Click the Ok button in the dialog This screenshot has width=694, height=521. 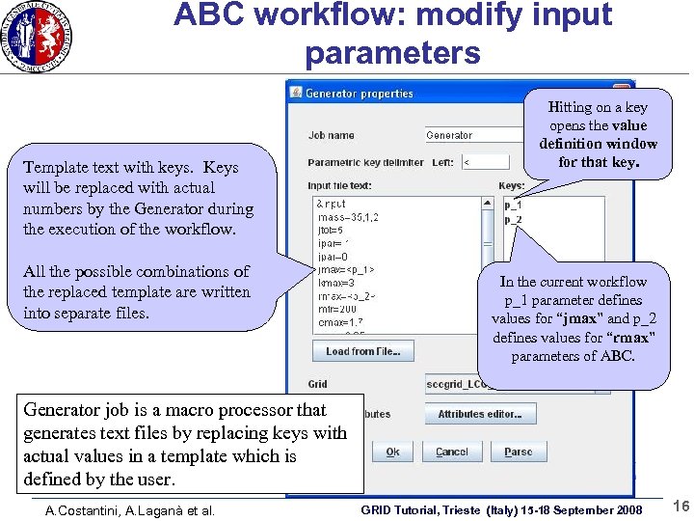point(392,452)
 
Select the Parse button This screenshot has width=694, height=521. point(518,452)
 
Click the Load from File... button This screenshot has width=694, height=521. point(362,351)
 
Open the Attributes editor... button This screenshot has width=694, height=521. point(479,414)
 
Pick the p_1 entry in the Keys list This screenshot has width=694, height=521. point(513,205)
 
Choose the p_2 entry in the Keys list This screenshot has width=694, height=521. point(513,220)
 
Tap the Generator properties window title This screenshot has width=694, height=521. point(359,94)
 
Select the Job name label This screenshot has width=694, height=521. point(331,135)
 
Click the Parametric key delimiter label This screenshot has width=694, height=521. point(365,162)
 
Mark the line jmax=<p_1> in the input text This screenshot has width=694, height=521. point(345,270)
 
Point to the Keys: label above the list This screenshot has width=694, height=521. point(512,185)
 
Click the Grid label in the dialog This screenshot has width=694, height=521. point(317,384)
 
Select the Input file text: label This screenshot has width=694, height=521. point(339,185)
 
